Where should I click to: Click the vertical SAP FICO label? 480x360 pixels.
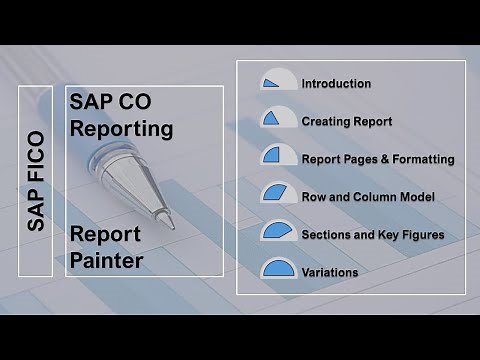pyautogui.click(x=36, y=181)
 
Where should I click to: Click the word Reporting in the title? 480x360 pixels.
pyautogui.click(x=121, y=129)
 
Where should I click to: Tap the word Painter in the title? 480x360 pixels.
pyautogui.click(x=107, y=261)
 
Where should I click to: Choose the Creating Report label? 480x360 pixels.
pyautogui.click(x=346, y=121)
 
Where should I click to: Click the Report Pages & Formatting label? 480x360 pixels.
pyautogui.click(x=378, y=159)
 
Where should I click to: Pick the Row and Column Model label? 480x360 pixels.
pyautogui.click(x=367, y=196)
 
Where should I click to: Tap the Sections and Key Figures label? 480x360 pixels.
pyautogui.click(x=372, y=234)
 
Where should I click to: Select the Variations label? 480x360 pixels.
pyautogui.click(x=329, y=271)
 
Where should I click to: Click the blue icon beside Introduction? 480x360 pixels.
pyautogui.click(x=275, y=81)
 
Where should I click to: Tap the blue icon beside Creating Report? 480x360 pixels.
pyautogui.click(x=275, y=118)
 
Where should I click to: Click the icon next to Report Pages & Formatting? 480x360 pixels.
pyautogui.click(x=275, y=156)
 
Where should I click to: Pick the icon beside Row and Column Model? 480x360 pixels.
pyautogui.click(x=275, y=193)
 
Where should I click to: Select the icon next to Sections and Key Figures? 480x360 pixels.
pyautogui.click(x=275, y=231)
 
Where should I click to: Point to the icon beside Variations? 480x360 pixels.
pyautogui.click(x=275, y=268)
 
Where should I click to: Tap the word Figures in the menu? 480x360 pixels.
pyautogui.click(x=420, y=234)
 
